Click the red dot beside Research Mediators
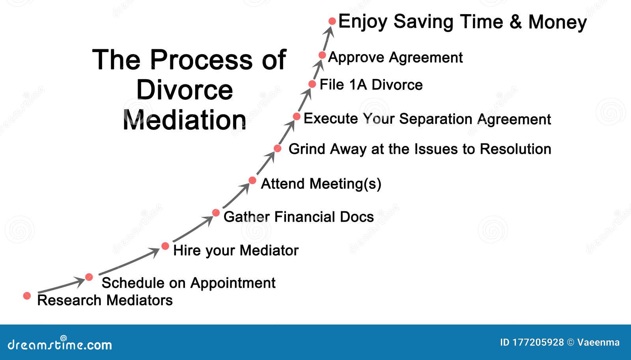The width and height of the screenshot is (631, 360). [27, 296]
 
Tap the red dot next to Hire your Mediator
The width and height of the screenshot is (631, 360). [165, 246]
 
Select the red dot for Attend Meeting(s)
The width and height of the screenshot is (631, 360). [252, 181]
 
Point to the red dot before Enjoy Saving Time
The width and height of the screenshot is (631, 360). [332, 21]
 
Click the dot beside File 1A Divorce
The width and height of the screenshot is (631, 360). [312, 84]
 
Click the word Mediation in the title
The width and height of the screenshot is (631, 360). [185, 120]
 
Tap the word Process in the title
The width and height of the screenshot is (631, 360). [201, 60]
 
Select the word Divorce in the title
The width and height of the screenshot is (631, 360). [185, 90]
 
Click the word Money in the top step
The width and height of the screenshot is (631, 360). [557, 22]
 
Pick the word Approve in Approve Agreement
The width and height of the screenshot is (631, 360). [356, 58]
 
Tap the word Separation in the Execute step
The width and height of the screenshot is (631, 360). [435, 119]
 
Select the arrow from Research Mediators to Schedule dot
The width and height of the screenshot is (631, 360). [61, 286]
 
